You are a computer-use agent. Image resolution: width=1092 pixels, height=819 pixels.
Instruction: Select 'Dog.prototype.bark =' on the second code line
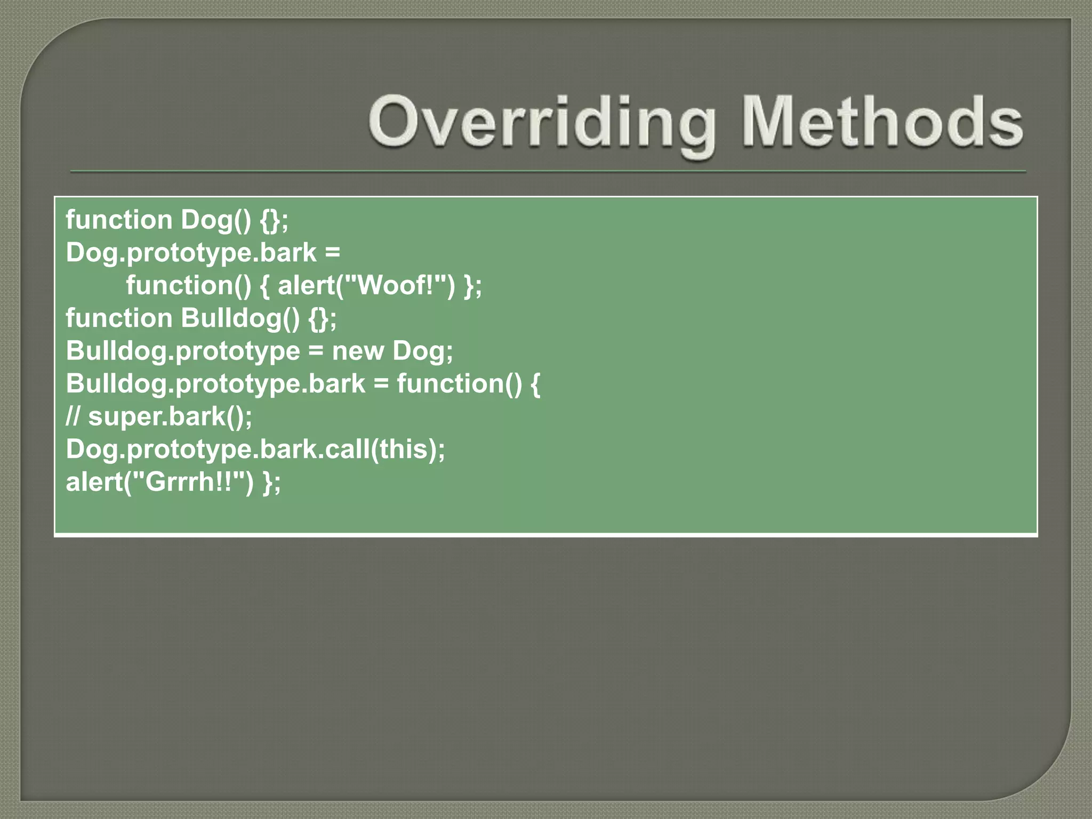click(203, 253)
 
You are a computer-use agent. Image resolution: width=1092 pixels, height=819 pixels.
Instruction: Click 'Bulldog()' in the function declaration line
click(240, 318)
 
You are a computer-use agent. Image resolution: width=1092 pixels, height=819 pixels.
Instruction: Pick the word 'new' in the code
click(358, 351)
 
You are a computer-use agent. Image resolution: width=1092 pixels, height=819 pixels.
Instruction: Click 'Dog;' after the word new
click(423, 351)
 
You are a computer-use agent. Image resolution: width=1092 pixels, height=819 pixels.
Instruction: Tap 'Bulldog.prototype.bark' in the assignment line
click(215, 384)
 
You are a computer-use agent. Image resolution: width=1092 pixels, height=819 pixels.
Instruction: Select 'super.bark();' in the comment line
click(170, 416)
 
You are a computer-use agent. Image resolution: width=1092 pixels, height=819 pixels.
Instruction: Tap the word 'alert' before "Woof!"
click(306, 285)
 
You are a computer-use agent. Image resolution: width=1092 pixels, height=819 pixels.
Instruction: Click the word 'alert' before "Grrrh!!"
click(94, 482)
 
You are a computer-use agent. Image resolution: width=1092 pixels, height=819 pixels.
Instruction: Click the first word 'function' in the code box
click(119, 220)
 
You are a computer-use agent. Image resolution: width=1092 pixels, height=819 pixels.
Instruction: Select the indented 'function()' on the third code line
click(188, 285)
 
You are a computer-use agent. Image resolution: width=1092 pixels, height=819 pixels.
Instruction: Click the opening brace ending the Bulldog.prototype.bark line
click(535, 384)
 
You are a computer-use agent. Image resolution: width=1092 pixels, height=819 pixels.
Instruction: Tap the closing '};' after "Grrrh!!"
click(271, 482)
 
